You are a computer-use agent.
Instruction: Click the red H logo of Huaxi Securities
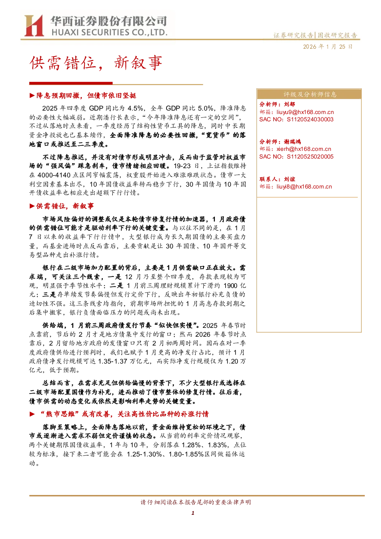click(x=34, y=25)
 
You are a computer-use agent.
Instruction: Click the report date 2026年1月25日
click(x=328, y=47)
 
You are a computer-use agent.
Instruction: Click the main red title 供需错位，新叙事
click(x=96, y=63)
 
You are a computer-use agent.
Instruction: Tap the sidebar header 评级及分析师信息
click(x=310, y=94)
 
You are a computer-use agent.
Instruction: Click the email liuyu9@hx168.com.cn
click(x=305, y=112)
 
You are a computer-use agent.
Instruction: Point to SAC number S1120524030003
click(x=310, y=119)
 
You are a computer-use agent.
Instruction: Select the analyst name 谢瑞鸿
click(x=292, y=142)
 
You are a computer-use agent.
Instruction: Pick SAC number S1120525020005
click(x=310, y=157)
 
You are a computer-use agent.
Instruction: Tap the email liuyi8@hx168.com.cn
click(x=304, y=187)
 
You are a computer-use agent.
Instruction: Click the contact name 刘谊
click(x=289, y=179)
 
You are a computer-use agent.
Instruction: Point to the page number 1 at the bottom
click(x=193, y=513)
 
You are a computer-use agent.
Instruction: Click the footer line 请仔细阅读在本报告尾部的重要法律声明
click(x=196, y=502)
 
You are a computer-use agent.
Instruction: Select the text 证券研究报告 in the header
click(x=293, y=35)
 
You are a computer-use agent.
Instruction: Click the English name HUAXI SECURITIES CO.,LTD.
click(x=109, y=32)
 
